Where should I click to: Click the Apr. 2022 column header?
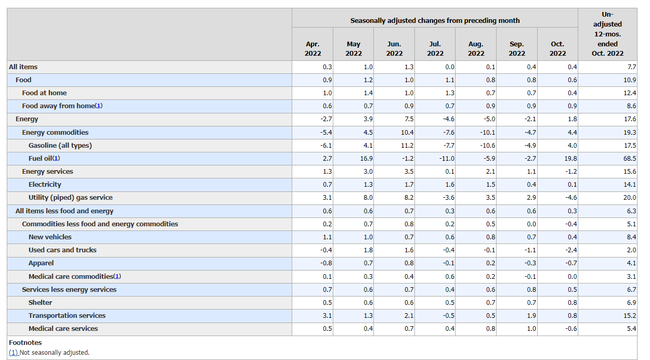[313, 49]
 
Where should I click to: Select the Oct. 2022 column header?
[557, 49]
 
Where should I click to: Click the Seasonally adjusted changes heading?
[435, 21]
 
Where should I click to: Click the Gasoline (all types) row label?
[60, 145]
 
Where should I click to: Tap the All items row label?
[23, 67]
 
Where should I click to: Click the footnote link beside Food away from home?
[99, 106]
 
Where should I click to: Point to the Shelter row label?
[41, 302]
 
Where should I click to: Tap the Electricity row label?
[45, 184]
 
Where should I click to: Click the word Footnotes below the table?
[25, 342]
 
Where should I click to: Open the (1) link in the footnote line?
[14, 352]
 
